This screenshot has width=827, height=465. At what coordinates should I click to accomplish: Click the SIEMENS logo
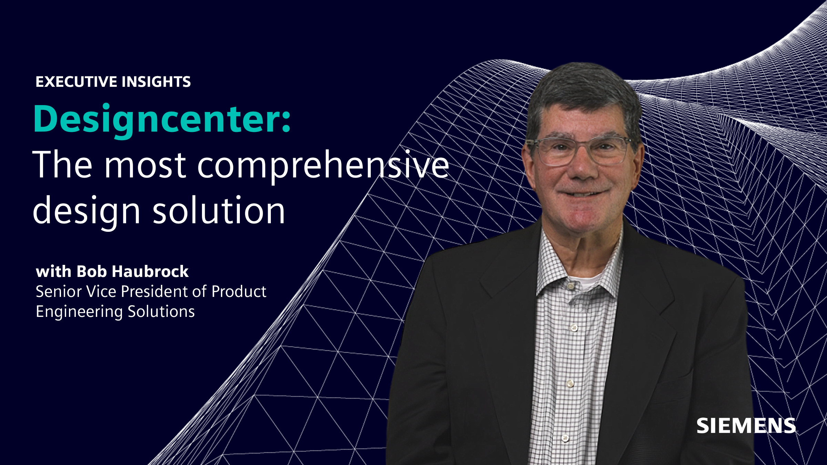coord(746,426)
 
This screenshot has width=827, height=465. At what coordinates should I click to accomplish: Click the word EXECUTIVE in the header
coord(76,82)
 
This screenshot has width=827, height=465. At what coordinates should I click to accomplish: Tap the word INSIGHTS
coord(156,82)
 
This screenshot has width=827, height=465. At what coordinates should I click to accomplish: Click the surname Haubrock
coord(150,271)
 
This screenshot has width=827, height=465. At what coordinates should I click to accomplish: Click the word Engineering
coord(79,312)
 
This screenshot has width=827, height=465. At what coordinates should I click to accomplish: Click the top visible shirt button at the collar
coord(571,286)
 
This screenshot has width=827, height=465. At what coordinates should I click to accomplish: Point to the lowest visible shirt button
coord(565,438)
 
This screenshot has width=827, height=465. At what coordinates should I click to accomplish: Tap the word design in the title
coord(86,210)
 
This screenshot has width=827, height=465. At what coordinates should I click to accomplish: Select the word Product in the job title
coord(239,291)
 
